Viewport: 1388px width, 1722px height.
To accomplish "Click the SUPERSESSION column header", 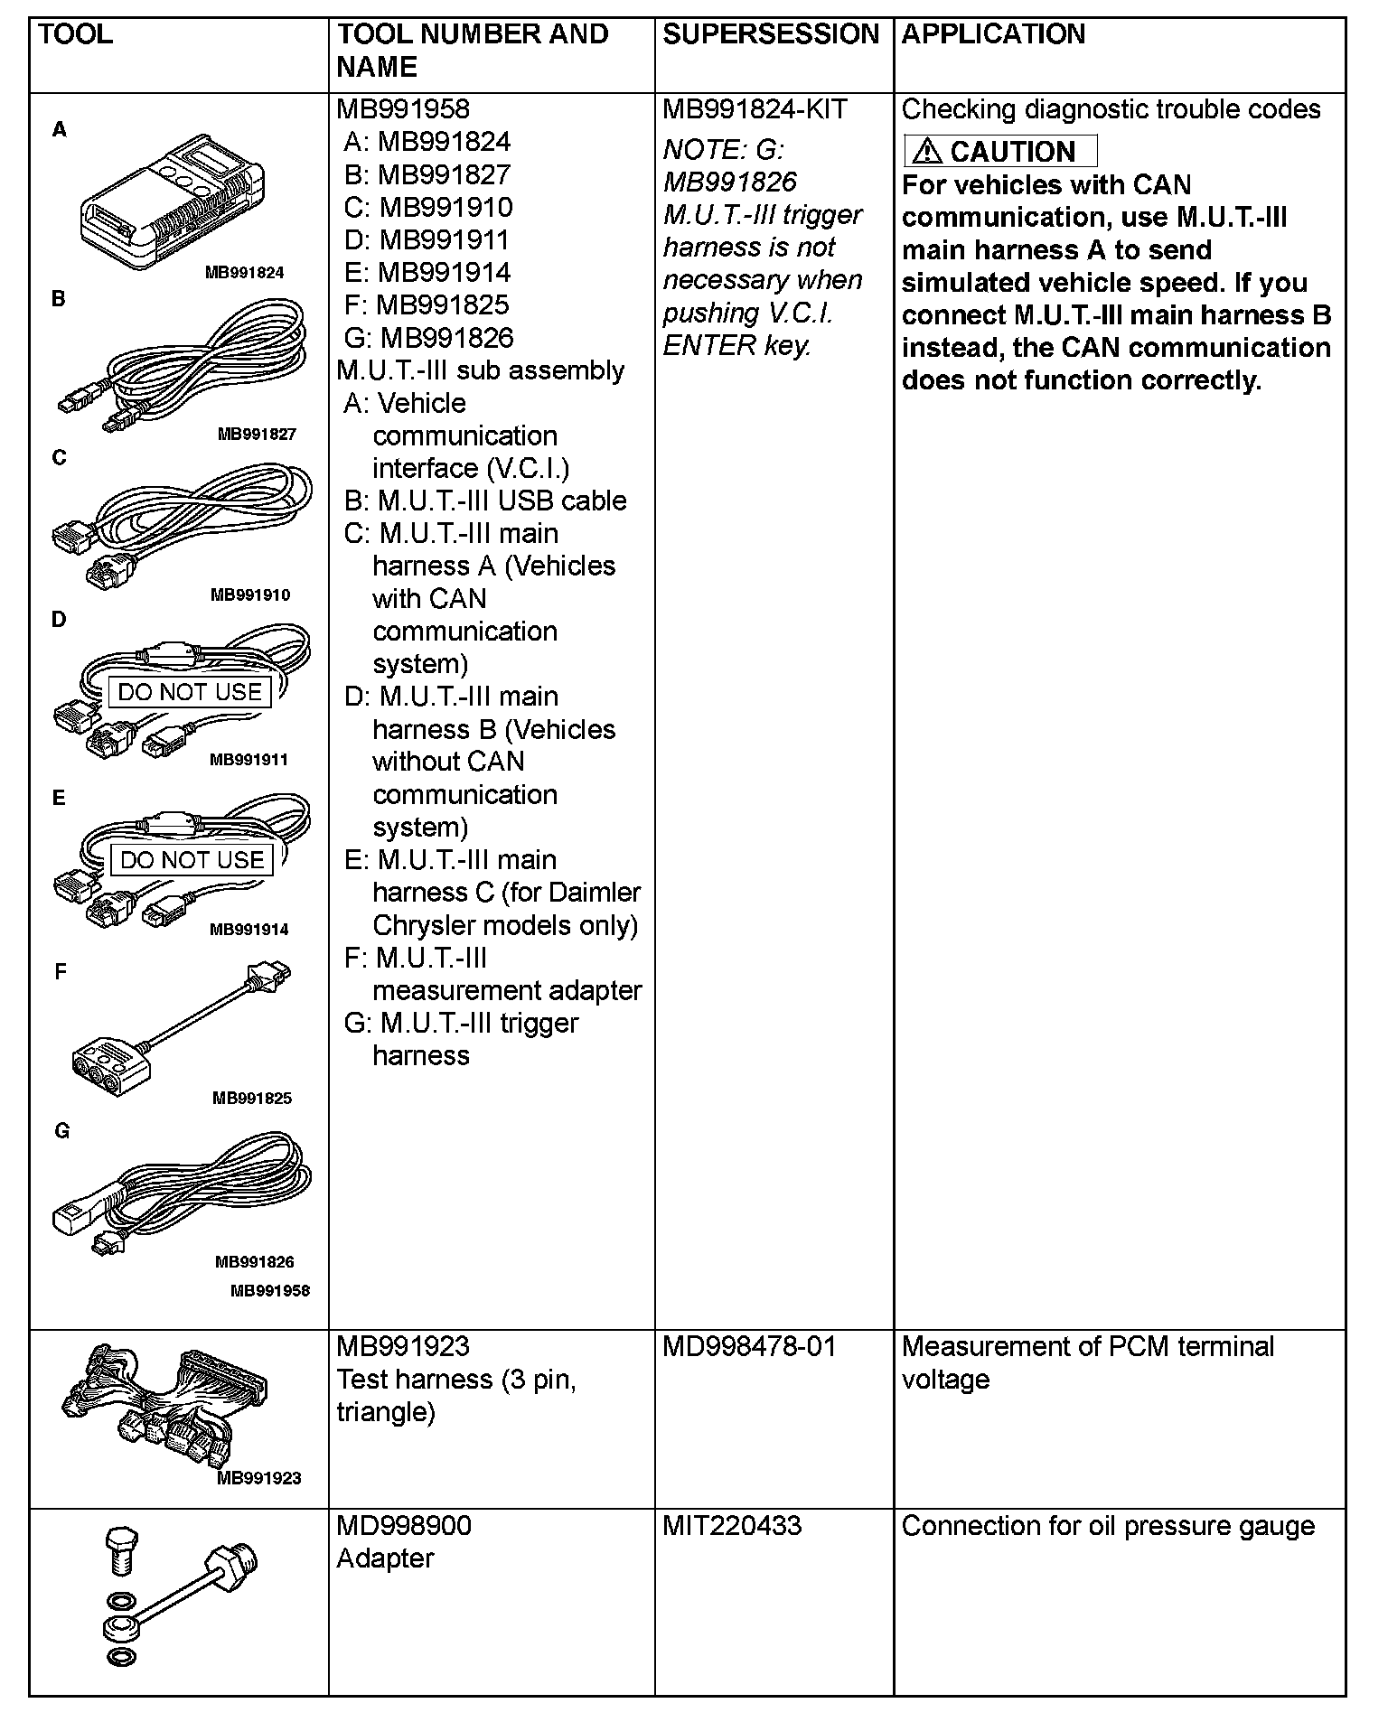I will coord(771,34).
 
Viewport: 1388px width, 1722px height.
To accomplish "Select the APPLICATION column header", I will coord(993,34).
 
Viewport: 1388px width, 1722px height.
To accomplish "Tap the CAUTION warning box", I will coord(1000,151).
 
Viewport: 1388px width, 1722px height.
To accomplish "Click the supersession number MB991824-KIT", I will coord(755,109).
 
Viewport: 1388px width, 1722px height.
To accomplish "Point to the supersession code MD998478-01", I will coord(749,1347).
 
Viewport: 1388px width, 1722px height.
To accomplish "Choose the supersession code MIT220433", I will coord(732,1526).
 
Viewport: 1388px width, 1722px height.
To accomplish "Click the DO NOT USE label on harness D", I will coord(190,692).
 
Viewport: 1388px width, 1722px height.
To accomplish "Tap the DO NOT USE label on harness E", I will coord(192,860).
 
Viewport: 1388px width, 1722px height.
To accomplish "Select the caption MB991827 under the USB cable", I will coord(257,434).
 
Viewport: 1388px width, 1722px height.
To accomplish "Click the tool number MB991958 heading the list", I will coord(403,109).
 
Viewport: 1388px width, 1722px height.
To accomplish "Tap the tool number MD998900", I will coord(404,1526).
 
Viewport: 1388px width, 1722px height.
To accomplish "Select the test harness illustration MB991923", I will coord(167,1409).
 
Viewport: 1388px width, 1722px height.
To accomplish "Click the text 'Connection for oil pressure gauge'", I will coord(1108,1526).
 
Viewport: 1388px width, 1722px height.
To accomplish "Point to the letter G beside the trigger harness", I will coord(61,1130).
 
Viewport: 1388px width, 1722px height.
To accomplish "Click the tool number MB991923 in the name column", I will coord(403,1347).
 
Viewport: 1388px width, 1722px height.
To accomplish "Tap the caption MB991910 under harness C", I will coord(250,595).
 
